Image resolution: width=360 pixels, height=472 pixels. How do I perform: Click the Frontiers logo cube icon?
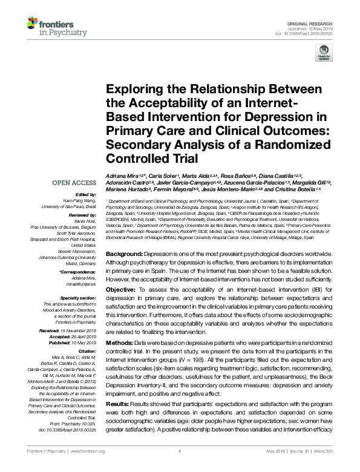click(x=31, y=24)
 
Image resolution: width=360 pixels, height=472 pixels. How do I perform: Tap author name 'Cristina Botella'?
click(x=286, y=189)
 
